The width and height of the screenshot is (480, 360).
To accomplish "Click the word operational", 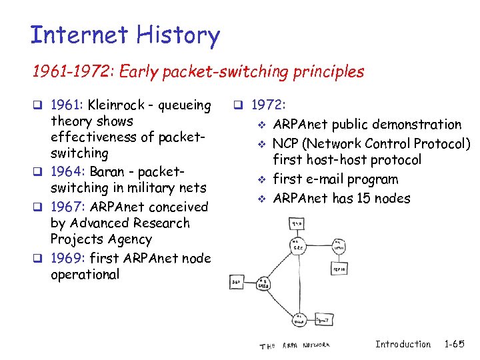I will tap(85, 274).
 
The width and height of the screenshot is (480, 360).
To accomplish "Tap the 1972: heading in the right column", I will tap(269, 105).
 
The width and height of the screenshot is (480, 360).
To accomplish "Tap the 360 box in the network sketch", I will tap(237, 283).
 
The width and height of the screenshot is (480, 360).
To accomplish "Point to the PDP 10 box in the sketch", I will tap(339, 268).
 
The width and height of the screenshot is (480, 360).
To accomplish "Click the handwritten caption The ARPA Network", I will tap(294, 345).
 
